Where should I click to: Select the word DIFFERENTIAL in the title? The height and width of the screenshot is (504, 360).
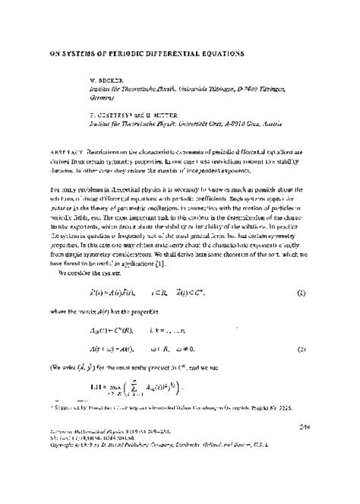point(164,55)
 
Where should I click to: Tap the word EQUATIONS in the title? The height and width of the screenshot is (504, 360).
point(220,55)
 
